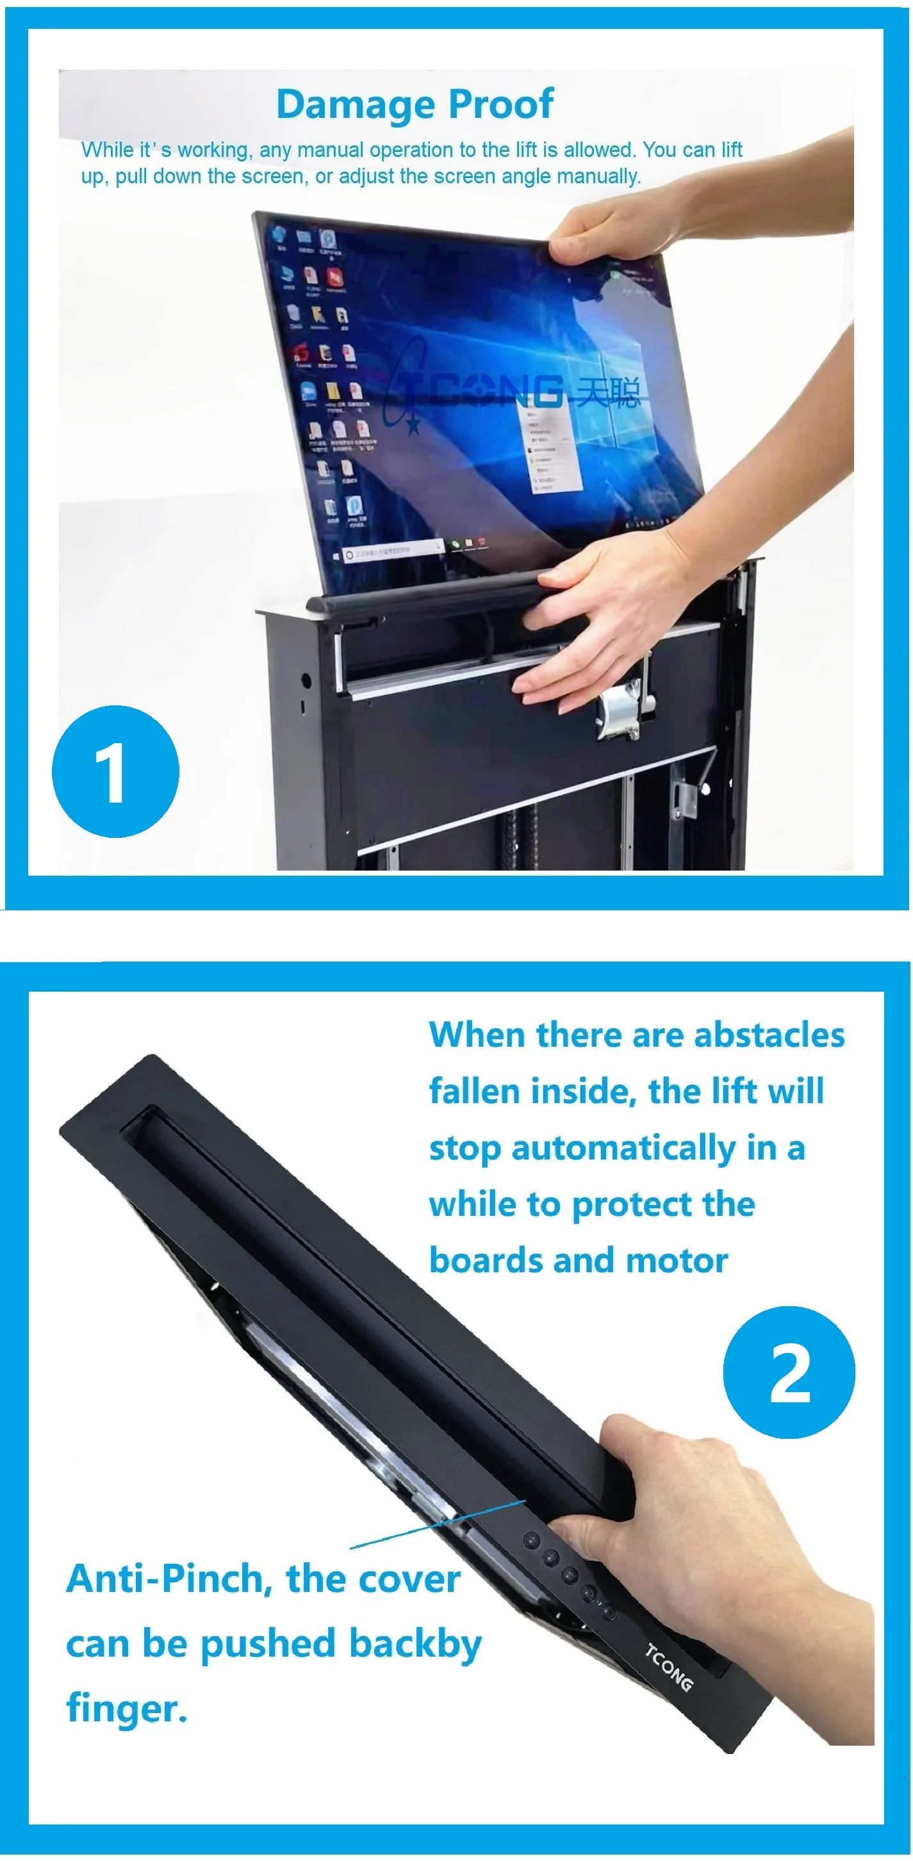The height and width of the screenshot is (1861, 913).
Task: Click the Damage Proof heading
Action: (x=415, y=104)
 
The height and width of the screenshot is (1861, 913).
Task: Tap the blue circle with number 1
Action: (x=115, y=771)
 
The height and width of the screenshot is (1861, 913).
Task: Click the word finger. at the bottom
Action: (x=126, y=1709)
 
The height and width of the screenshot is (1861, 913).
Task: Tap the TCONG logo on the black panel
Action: (x=668, y=1668)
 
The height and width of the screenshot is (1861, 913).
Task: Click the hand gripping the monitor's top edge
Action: (x=614, y=231)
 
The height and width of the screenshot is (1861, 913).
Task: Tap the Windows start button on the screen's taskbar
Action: (x=335, y=556)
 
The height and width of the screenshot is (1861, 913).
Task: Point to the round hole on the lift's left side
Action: (x=306, y=680)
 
